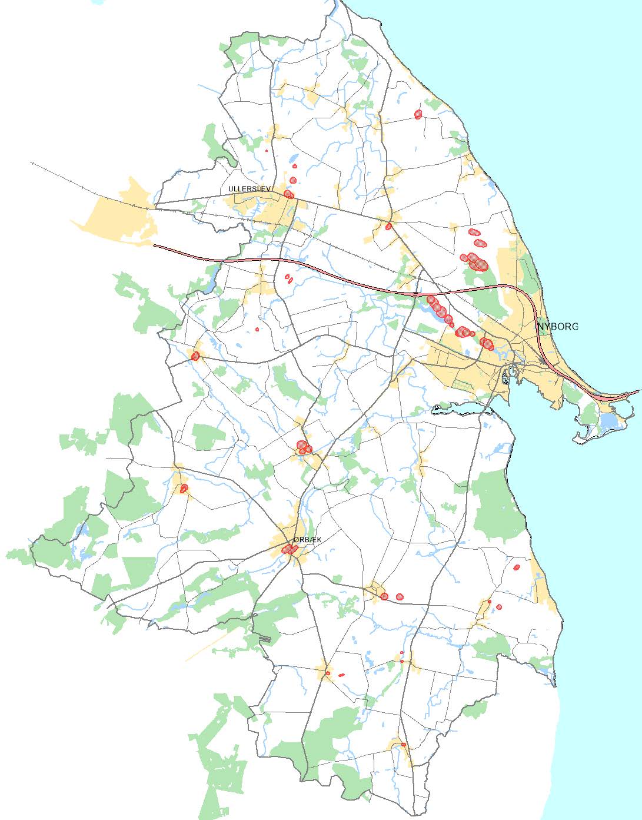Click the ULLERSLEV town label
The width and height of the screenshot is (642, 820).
tap(249, 189)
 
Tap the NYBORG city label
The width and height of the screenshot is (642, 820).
tap(558, 326)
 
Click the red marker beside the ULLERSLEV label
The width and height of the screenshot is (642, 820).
tap(288, 194)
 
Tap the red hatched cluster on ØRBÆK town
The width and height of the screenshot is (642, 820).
tap(289, 549)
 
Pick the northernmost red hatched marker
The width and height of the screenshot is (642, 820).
tap(418, 114)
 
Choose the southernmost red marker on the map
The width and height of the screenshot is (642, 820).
tap(404, 745)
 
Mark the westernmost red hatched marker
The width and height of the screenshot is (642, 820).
tap(184, 488)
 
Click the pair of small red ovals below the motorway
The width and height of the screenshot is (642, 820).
tap(288, 278)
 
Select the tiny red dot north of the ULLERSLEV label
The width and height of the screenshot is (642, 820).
tap(267, 150)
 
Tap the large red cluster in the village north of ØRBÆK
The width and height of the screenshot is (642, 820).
tap(303, 447)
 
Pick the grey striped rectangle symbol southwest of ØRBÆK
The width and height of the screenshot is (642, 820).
tap(264, 638)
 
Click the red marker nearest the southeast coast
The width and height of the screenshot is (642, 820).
tap(517, 567)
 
